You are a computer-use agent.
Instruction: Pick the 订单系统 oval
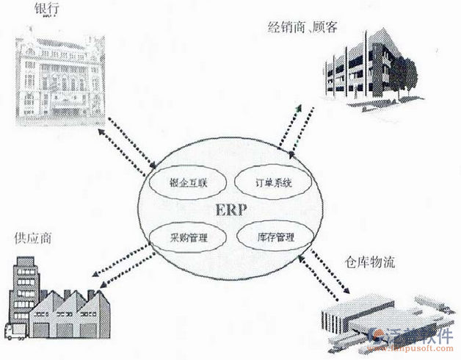pyautogui.click(x=267, y=182)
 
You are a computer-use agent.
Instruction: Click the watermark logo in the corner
pyautogui.click(x=415, y=339)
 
